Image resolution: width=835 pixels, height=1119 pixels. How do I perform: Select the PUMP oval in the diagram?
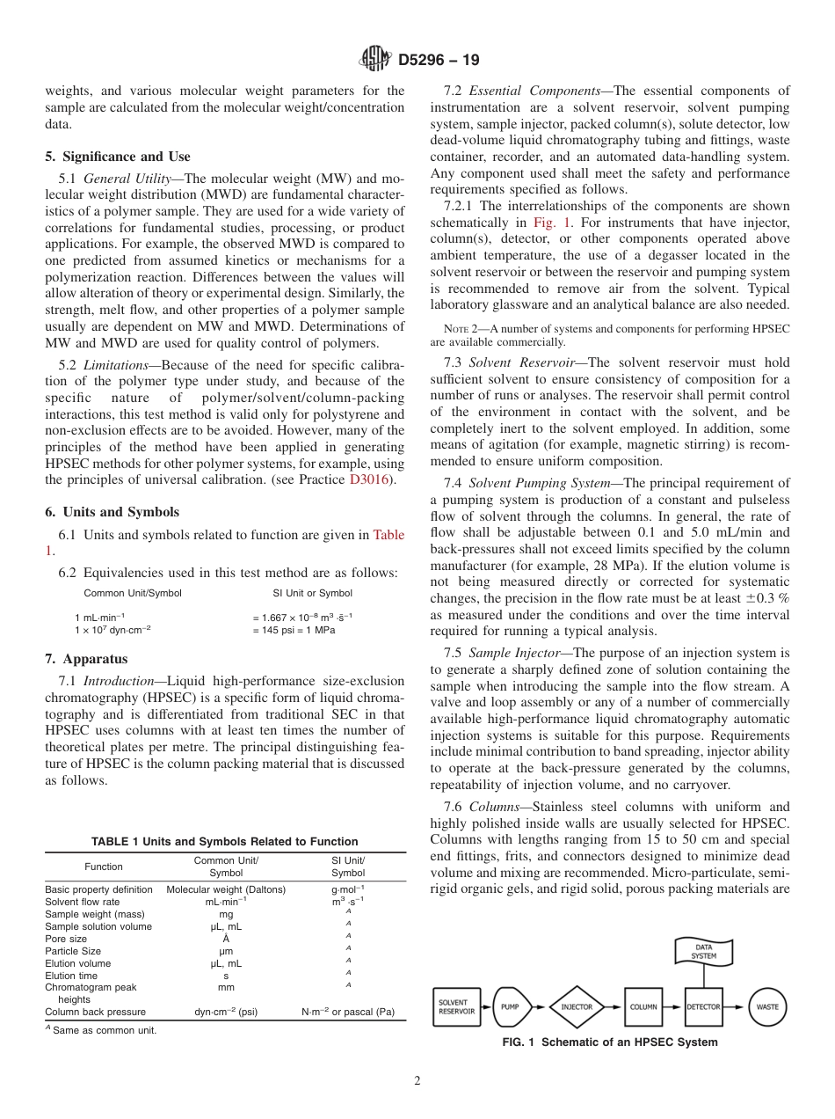coord(510,1006)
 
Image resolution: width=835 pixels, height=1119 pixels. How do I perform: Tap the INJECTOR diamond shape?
coord(577,1006)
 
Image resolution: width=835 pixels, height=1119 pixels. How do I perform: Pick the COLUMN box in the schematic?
coord(643,1006)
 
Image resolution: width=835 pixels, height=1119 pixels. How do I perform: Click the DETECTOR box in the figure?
coord(703,1006)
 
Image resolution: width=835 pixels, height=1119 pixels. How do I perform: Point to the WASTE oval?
coord(767,1006)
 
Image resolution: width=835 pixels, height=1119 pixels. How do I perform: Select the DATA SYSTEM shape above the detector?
coord(703,951)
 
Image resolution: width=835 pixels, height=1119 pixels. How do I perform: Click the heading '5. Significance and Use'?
coord(118,157)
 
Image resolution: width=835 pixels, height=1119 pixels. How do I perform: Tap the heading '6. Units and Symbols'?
coord(112,512)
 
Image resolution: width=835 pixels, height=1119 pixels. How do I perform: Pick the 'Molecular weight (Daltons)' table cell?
coord(226,889)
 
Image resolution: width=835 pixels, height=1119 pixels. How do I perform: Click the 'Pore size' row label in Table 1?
coord(66,939)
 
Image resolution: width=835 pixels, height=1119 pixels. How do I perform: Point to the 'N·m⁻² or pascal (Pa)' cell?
coord(348,1012)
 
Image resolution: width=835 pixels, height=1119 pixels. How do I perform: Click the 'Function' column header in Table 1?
coord(104,867)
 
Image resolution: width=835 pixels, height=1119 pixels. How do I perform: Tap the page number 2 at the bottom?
coord(417,1081)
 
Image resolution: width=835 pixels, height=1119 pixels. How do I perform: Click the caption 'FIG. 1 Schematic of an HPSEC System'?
coord(609,1042)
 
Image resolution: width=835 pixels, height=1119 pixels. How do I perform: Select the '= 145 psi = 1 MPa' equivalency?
coord(294,630)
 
